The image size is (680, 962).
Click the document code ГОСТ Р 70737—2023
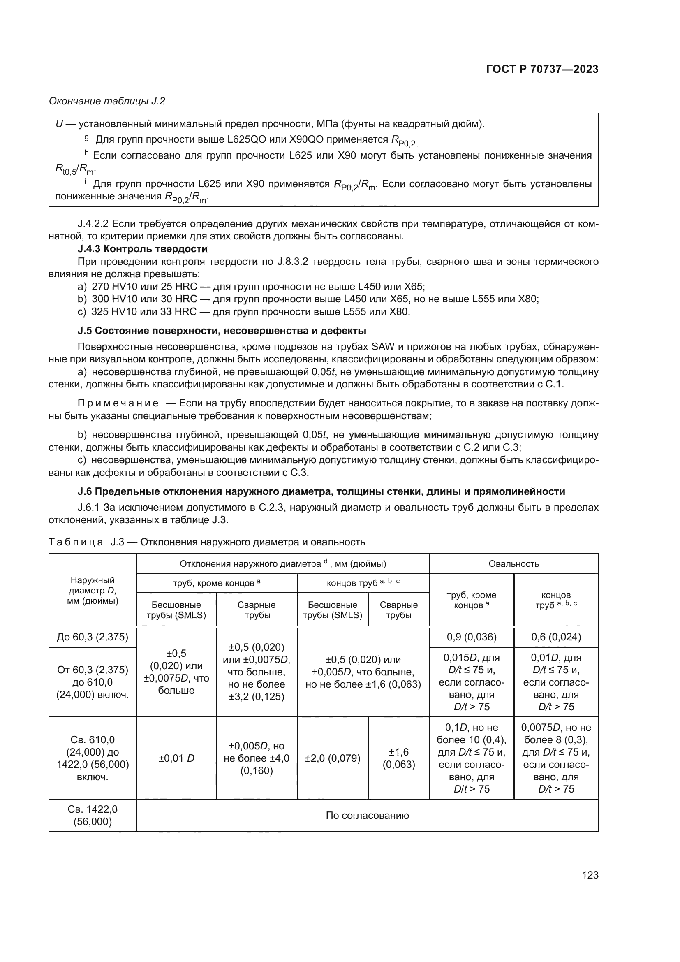(542, 70)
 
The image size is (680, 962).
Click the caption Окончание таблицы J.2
(107, 101)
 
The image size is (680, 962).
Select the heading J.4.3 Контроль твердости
(142, 249)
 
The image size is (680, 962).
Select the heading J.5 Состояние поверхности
(222, 331)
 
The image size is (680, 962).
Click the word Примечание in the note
(118, 403)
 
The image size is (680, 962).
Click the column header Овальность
(514, 563)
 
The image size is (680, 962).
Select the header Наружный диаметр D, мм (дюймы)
(93, 590)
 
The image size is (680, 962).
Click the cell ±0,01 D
(176, 758)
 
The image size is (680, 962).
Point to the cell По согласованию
(367, 815)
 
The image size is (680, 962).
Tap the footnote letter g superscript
(86, 137)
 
